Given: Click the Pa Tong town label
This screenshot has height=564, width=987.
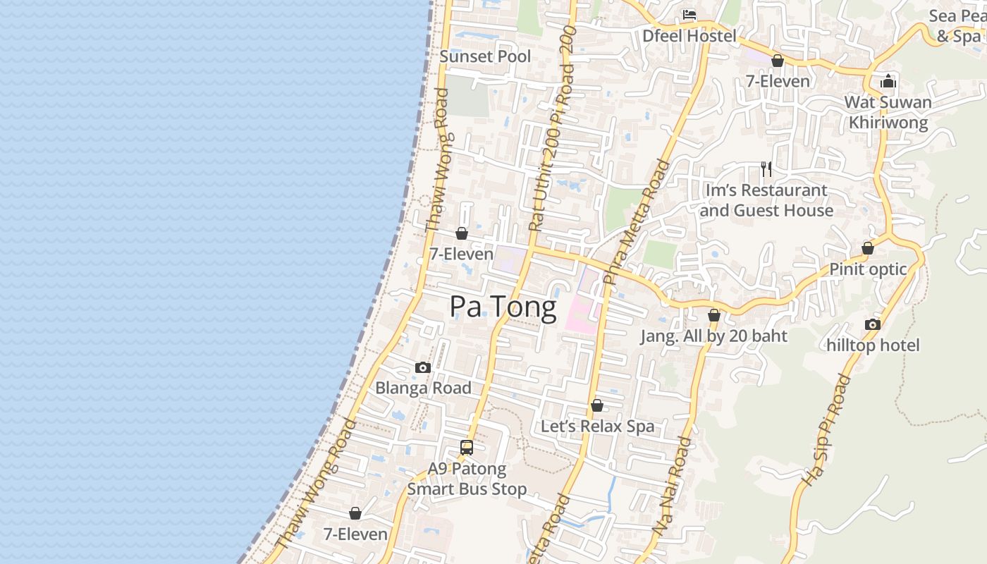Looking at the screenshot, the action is coord(503,307).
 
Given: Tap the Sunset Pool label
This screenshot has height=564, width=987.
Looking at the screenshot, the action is coord(485,56).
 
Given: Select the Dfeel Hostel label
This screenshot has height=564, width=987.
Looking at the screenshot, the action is coord(689,36).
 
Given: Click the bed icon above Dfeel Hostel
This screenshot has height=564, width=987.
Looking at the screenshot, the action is coord(689,15).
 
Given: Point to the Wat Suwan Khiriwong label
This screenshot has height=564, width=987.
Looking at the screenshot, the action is coord(888,112).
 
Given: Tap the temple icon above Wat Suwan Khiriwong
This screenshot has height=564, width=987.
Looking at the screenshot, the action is coord(888,82).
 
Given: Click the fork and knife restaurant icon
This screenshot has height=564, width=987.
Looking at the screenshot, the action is coord(766,169).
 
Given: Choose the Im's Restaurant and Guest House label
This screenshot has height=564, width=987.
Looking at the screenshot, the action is coord(766,200).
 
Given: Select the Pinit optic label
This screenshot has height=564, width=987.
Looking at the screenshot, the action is coord(868,269).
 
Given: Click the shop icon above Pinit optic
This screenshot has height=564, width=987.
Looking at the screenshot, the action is coord(868,248).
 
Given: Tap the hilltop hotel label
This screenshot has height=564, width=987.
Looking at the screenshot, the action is coord(873,345).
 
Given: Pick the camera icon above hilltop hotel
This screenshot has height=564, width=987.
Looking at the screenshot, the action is coord(873,324).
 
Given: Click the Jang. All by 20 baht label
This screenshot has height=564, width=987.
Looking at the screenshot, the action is coord(713,336).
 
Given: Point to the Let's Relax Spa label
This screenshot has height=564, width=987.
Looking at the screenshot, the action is coord(597,427).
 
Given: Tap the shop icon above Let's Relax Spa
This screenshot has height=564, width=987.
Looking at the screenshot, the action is coord(597,405).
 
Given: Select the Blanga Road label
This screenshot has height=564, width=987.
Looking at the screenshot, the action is coord(423,388).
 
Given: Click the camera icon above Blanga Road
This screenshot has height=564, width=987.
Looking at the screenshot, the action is coord(423,367).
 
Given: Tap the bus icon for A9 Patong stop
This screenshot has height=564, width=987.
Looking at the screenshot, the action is coord(467,447).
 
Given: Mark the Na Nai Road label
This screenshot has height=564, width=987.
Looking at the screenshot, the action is coord(672,486).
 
